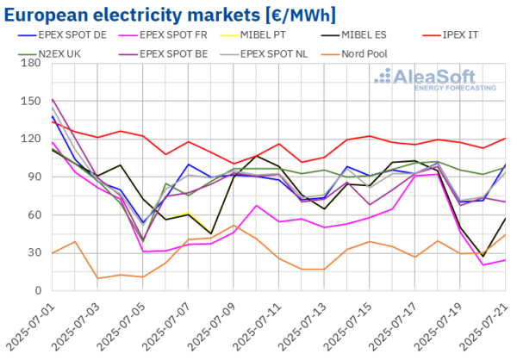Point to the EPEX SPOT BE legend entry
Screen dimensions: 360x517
pos(171,53)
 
